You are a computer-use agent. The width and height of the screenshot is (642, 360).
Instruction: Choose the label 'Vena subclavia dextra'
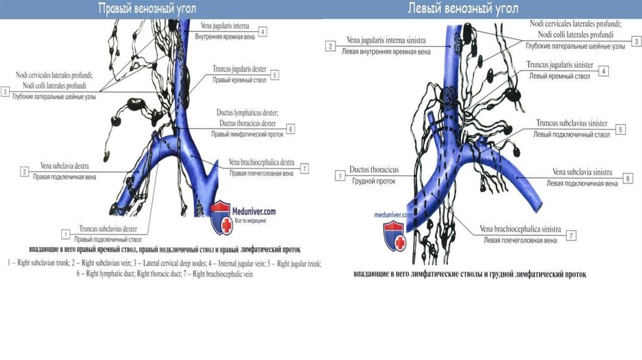[64, 166]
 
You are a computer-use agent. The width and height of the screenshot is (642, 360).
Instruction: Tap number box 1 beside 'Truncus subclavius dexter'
[64, 233]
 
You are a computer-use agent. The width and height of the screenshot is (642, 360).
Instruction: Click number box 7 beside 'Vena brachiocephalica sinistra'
[571, 235]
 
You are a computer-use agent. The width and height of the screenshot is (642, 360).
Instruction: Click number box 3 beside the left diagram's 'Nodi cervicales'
[5, 92]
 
